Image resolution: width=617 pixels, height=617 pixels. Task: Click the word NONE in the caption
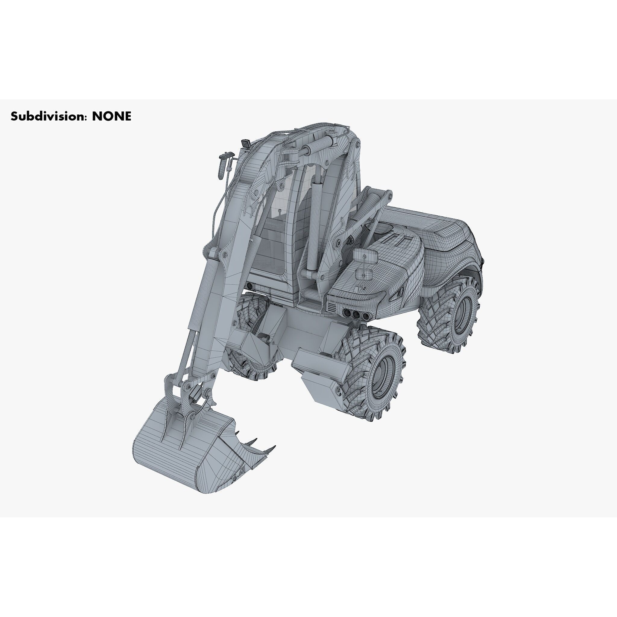(x=111, y=116)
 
